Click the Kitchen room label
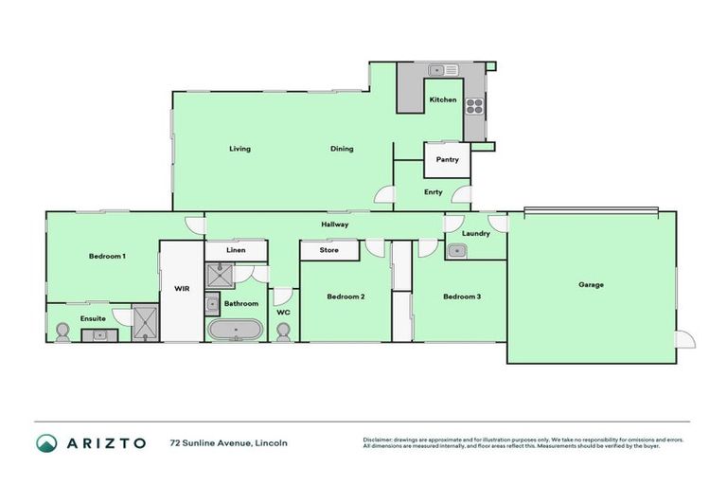pyautogui.click(x=443, y=99)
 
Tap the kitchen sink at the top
pyautogui.click(x=442, y=70)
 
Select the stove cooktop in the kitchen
pyautogui.click(x=475, y=106)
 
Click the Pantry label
pyautogui.click(x=447, y=159)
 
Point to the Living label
pyautogui.click(x=239, y=149)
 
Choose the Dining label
pyautogui.click(x=342, y=149)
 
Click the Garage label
pyautogui.click(x=592, y=284)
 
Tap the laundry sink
pyautogui.click(x=457, y=250)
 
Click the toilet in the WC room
pyautogui.click(x=283, y=332)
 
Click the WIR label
pyautogui.click(x=182, y=289)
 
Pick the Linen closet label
pyautogui.click(x=237, y=250)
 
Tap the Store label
pyautogui.click(x=329, y=251)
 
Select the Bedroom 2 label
pyautogui.click(x=346, y=296)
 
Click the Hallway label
pyautogui.click(x=335, y=225)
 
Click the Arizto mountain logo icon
pyautogui.click(x=47, y=442)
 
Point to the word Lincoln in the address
pyautogui.click(x=271, y=442)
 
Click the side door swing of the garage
pyautogui.click(x=684, y=338)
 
